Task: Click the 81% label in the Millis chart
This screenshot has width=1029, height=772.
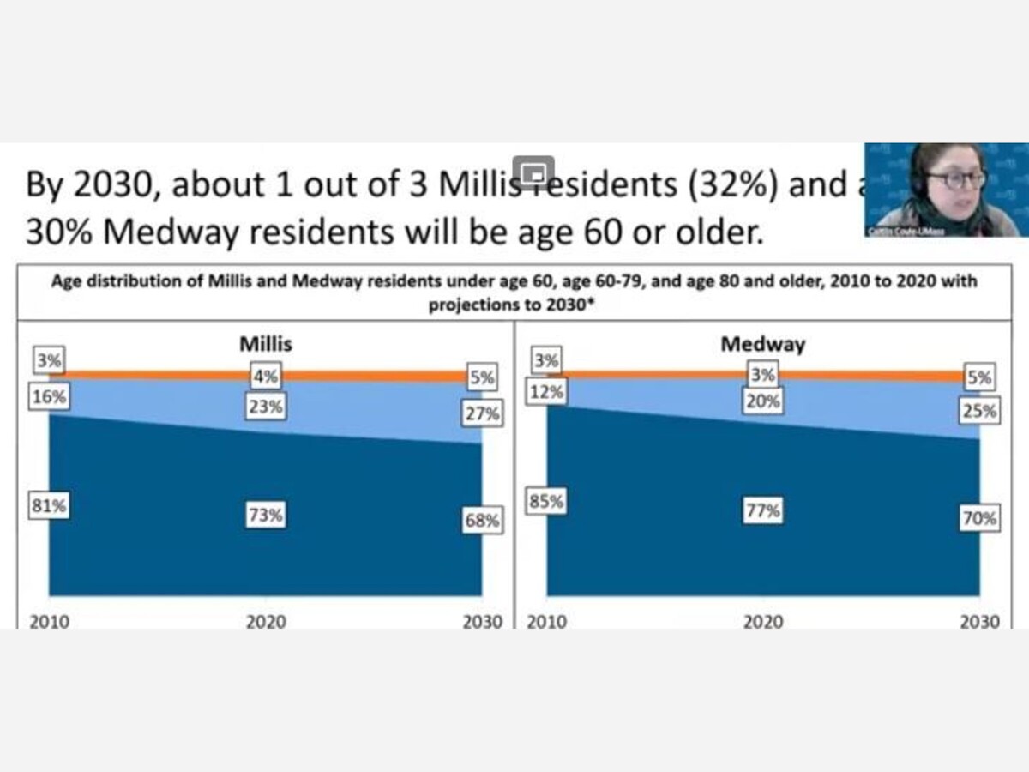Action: tap(49, 506)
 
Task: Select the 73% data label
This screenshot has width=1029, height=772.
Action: tap(266, 516)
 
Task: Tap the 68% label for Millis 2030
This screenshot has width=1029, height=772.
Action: tap(483, 520)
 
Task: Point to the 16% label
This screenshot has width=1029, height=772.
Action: tap(49, 397)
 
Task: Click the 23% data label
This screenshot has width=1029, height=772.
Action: tap(266, 407)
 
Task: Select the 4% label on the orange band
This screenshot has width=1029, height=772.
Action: tap(266, 376)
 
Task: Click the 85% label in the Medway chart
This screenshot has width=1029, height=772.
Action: tap(547, 501)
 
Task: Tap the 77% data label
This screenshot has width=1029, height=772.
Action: tap(762, 510)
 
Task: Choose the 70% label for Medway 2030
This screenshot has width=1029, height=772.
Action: tap(979, 518)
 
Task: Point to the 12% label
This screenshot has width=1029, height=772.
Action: tap(547, 392)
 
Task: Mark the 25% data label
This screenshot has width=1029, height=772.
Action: tap(979, 411)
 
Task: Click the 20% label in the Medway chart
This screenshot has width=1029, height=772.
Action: tap(762, 401)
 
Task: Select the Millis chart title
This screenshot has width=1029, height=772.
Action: tap(265, 344)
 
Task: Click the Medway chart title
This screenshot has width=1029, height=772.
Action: tap(762, 344)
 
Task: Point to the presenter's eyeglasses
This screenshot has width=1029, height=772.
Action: tap(955, 180)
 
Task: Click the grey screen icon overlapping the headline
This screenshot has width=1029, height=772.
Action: tap(533, 172)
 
